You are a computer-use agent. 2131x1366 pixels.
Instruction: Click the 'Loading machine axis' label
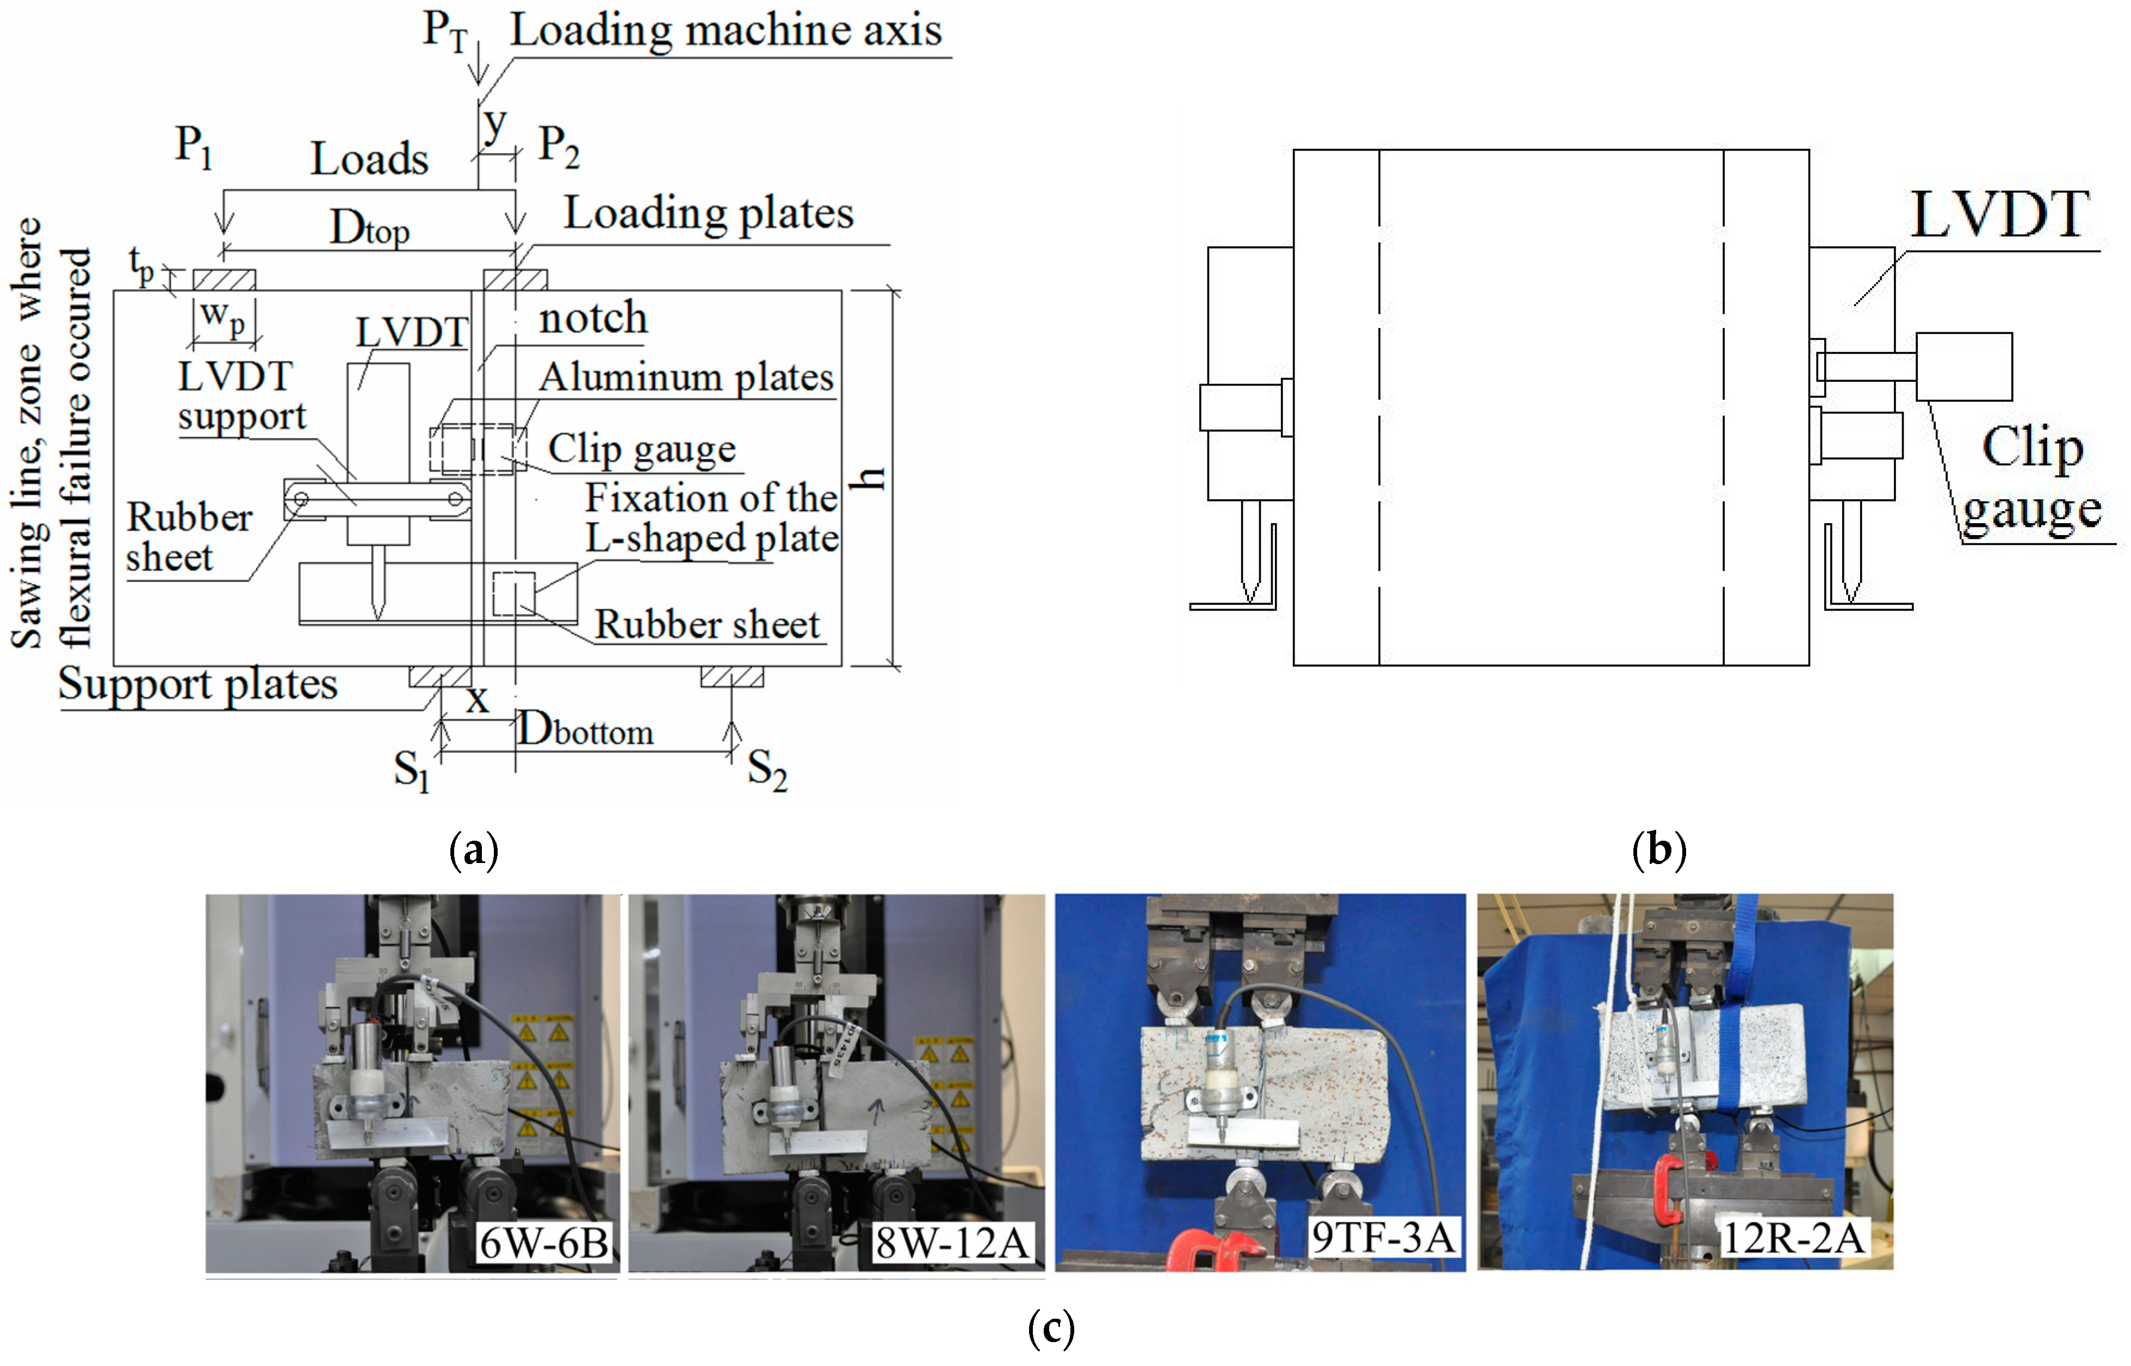725,31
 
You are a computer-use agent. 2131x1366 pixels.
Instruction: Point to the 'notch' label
593,318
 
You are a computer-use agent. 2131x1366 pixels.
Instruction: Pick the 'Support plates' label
198,685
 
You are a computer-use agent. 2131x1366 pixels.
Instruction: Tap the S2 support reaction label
766,768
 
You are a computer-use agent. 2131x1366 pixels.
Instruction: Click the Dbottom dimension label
586,731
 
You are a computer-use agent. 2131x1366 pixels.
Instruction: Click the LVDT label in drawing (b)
2000,215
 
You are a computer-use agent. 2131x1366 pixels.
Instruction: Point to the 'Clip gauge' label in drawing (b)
2031,479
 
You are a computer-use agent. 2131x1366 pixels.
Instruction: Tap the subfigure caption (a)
474,850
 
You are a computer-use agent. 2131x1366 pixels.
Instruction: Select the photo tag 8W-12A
952,1243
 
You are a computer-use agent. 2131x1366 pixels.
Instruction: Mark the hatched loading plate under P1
225,280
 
